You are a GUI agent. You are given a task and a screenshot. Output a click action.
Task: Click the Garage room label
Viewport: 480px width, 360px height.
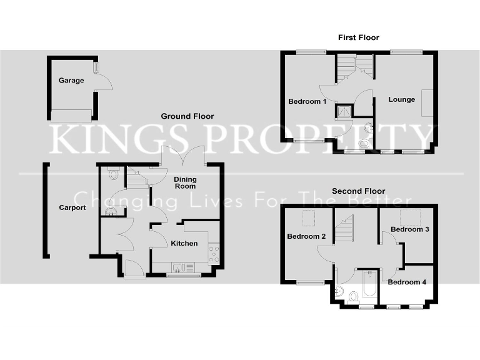[x=71, y=81]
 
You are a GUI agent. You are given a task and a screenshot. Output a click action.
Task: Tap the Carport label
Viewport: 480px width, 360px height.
[x=72, y=207]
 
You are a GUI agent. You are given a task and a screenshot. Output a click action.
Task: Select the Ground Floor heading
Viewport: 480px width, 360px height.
[x=187, y=116]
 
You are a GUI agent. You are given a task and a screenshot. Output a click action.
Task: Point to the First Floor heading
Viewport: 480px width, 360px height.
[x=359, y=38]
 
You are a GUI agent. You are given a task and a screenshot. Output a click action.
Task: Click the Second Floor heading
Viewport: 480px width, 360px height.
[x=359, y=191]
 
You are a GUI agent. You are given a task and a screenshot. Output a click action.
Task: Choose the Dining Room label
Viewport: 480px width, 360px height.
[x=185, y=182]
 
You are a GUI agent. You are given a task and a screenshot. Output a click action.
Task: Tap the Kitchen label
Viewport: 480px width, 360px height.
[x=184, y=243]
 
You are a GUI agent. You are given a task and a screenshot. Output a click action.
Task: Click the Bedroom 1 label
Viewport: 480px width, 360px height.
[x=307, y=101]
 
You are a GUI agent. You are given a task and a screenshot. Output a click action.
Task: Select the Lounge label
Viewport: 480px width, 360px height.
[x=402, y=99]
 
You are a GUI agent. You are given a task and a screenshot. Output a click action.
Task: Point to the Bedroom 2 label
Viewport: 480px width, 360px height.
[x=306, y=236]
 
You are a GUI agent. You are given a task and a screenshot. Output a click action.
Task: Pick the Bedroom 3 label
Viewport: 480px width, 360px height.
[x=409, y=229]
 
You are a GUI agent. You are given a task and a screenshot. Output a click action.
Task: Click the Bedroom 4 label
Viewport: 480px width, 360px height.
[x=407, y=282]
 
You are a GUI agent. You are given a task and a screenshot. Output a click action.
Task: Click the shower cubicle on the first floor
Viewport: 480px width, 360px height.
[x=344, y=111]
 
